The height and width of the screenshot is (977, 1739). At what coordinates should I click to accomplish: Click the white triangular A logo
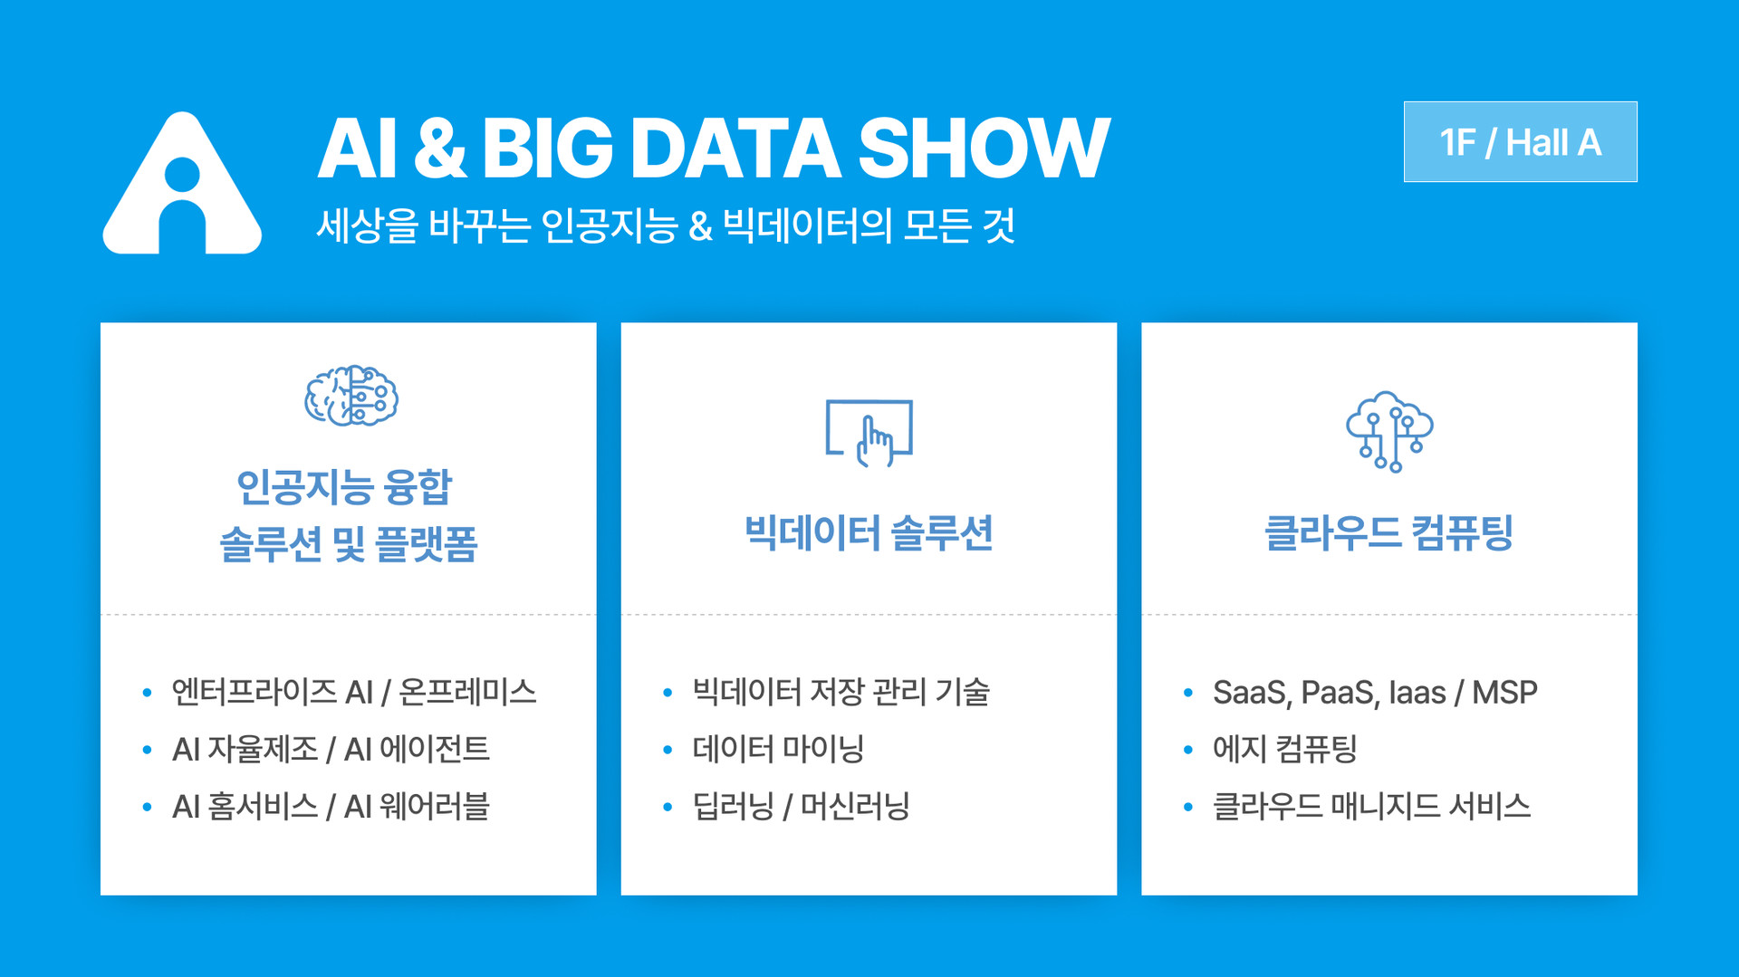[x=182, y=186]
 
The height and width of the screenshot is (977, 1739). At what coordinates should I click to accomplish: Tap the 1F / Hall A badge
[x=1520, y=142]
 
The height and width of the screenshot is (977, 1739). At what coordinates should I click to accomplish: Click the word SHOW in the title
[x=983, y=148]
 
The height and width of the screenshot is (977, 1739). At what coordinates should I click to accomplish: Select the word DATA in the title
[x=735, y=148]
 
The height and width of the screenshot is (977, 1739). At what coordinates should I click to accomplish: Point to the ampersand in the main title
[x=439, y=148]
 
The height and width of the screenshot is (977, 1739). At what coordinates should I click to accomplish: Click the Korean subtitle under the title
[x=666, y=225]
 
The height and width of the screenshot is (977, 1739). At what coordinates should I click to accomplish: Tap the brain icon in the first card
[x=351, y=396]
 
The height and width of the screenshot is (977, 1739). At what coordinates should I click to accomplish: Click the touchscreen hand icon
[x=869, y=433]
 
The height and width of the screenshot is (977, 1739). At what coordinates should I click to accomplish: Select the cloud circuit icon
[x=1388, y=431]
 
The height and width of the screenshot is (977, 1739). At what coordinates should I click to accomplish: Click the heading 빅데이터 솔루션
[x=869, y=532]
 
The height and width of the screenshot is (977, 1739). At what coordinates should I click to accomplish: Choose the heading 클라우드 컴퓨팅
[x=1388, y=532]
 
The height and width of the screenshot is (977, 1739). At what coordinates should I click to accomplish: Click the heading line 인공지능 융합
[x=344, y=486]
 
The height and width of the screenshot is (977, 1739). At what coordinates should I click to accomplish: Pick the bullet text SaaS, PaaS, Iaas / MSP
[x=1374, y=693]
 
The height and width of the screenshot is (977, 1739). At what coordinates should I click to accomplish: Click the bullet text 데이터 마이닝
[x=778, y=749]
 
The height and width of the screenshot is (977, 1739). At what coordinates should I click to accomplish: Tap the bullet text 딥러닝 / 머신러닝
[x=801, y=806]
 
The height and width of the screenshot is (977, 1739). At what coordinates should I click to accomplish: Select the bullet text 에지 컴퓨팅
[x=1284, y=749]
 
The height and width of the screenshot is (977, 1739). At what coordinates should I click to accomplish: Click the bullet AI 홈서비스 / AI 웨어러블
[x=331, y=806]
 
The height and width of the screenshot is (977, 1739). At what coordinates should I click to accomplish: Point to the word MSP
[x=1504, y=693]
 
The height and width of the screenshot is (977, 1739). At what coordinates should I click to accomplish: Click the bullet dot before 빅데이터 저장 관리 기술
[x=668, y=694]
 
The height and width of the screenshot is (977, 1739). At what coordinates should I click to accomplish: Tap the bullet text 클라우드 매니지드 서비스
[x=1371, y=806]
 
